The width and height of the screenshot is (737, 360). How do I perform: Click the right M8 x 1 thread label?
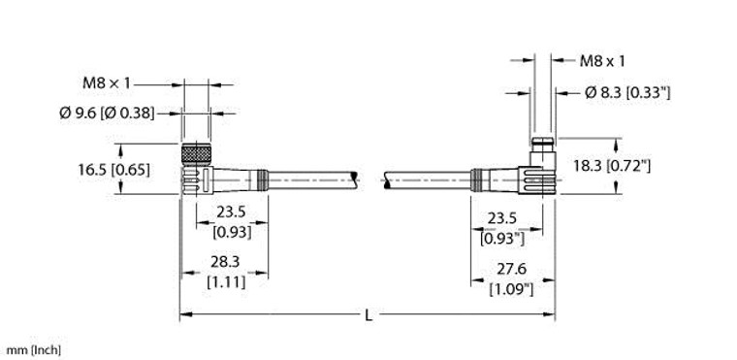(601, 61)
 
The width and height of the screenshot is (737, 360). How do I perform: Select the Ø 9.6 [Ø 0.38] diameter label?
(107, 113)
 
